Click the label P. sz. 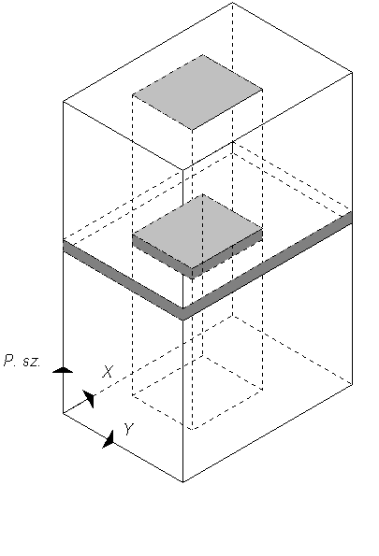coord(22,361)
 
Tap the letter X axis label coord(108,371)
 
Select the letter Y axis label coord(128,429)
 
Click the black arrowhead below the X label coord(89,399)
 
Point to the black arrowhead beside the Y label coord(109,439)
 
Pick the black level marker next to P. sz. coord(63,370)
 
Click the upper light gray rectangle coord(197,93)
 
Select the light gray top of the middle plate coord(197,231)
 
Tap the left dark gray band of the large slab coord(123,280)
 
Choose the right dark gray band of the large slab coord(268,265)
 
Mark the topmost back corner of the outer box coord(232,3)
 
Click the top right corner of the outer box coord(353,72)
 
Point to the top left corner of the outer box coord(64,102)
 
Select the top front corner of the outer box coord(182,170)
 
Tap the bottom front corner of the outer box coord(182,482)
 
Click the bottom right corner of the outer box coord(353,384)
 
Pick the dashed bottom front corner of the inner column coord(192,429)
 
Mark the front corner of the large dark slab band coord(182,314)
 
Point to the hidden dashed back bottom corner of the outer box coord(233,315)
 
